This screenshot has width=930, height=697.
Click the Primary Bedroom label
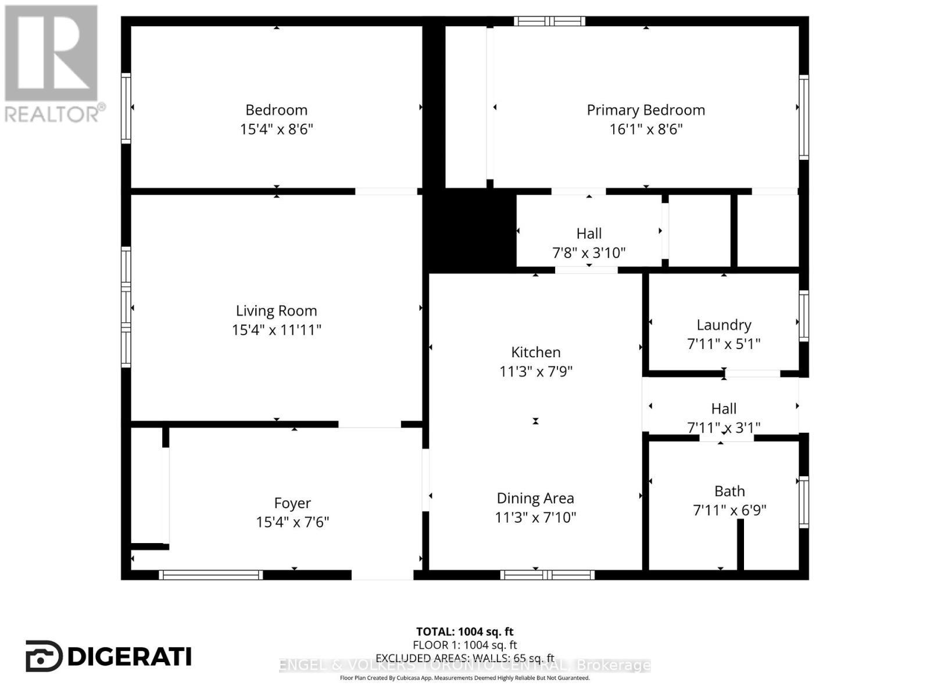[645, 110]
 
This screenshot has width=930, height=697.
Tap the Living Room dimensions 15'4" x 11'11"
[276, 330]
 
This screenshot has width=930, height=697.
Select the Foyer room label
[292, 503]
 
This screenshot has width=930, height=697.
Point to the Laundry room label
[724, 325]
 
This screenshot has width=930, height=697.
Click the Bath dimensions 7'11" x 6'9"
[729, 511]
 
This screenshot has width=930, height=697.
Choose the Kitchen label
[535, 352]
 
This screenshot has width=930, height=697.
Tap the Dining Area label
[535, 498]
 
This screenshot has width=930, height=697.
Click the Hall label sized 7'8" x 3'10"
[589, 233]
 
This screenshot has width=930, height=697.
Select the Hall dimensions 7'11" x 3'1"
[724, 428]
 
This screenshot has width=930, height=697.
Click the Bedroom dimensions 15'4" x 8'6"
[276, 129]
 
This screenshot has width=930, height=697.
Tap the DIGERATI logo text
[129, 656]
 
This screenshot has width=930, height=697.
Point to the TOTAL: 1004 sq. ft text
[464, 631]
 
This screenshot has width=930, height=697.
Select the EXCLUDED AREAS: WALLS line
[464, 658]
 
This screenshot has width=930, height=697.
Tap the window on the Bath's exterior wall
[803, 502]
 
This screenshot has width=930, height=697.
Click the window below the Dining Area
[547, 575]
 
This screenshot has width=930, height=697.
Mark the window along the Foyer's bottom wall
[211, 575]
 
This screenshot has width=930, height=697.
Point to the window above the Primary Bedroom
[549, 21]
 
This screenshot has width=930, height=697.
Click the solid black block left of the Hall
[472, 231]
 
